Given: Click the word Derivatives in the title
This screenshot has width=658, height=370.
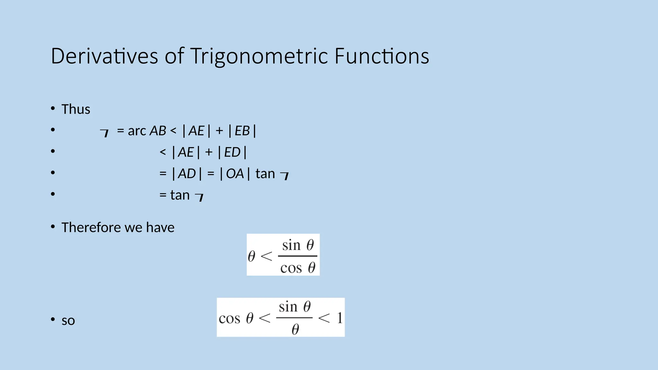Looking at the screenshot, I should (104, 56).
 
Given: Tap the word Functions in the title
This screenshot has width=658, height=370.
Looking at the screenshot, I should (382, 56).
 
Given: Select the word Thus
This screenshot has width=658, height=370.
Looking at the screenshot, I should (76, 109).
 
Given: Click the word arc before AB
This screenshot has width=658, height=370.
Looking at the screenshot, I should (137, 131).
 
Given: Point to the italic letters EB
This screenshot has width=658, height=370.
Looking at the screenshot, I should (242, 131).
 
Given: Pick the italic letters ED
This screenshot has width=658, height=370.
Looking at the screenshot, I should (232, 152).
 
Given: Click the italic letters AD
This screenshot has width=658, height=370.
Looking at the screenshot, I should (187, 174).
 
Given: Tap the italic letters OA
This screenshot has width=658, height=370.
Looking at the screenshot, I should (235, 174).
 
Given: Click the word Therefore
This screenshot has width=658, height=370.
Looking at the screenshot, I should (91, 227).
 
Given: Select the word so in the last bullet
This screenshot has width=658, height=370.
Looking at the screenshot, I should (68, 321).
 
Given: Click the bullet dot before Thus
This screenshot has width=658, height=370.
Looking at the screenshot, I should (53, 109).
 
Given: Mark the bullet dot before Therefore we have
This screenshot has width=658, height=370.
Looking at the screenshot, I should (53, 227).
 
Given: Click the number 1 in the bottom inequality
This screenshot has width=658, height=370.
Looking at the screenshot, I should (340, 318).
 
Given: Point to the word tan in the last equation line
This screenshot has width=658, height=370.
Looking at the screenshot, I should (180, 195).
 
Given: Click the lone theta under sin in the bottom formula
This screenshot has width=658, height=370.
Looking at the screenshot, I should (295, 329).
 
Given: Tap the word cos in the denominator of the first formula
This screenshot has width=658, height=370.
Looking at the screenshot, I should (291, 268).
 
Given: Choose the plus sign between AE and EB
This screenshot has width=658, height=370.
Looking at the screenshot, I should (219, 131).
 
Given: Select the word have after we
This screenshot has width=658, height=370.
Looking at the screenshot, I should (160, 227).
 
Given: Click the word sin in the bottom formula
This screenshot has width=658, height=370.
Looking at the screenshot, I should (288, 307).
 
